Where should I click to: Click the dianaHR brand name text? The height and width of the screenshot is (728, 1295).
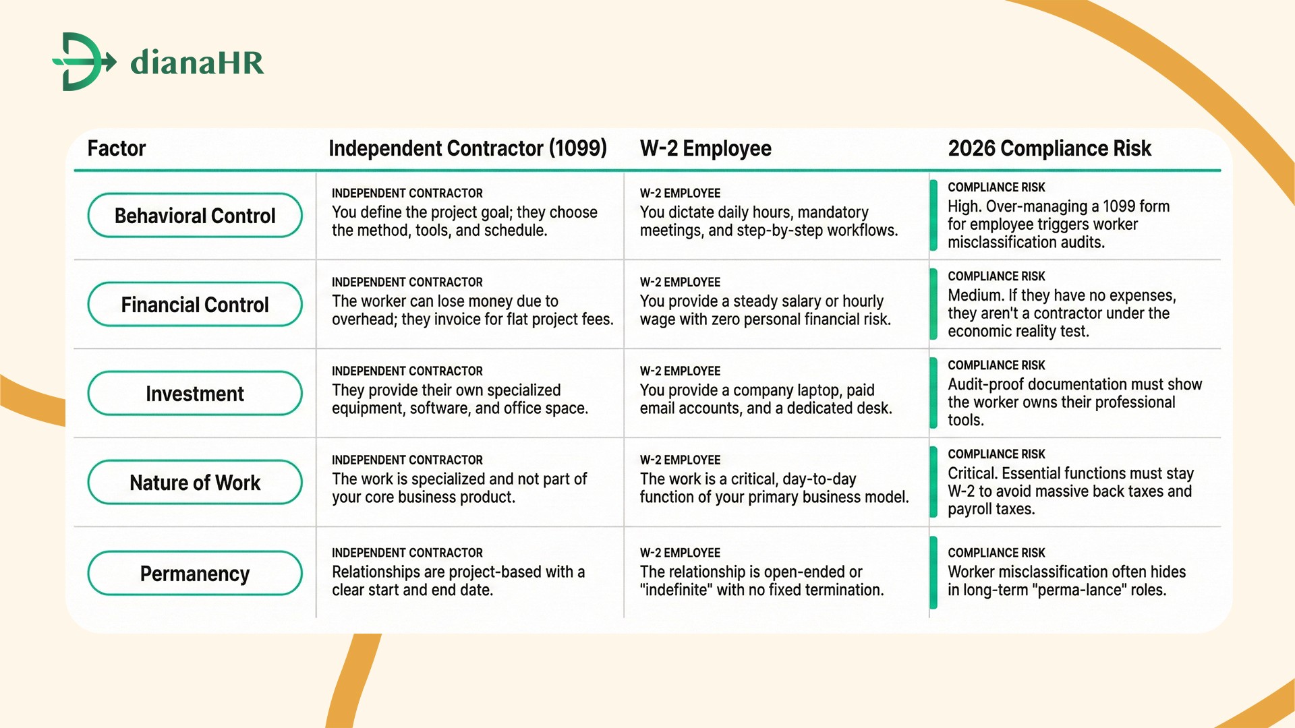point(197,62)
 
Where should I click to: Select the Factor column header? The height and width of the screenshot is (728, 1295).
point(117,148)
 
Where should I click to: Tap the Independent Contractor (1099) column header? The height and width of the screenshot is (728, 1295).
point(467,148)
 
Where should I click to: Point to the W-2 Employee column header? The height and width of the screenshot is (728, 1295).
point(706,148)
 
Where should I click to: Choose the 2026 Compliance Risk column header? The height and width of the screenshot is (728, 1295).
point(1049,148)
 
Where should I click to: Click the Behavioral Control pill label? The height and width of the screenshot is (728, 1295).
point(195,216)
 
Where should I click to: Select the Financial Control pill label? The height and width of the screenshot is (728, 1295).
point(195,305)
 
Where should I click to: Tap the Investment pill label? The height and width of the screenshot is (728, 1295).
point(195,394)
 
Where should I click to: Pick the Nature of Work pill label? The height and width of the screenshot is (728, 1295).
point(195,483)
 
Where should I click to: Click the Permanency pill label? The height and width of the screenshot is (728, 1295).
point(195,574)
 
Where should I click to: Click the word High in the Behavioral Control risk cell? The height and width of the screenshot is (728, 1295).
point(964,206)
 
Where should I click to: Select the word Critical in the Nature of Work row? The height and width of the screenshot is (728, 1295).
point(972,473)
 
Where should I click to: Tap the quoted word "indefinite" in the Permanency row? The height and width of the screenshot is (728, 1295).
point(676,590)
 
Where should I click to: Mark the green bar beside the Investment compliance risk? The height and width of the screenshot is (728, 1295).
point(933,393)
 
